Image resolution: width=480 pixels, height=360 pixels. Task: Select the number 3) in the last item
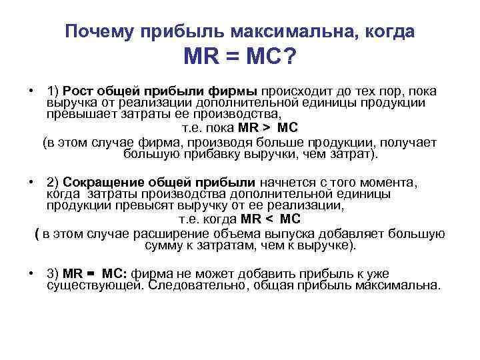pos(53,274)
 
